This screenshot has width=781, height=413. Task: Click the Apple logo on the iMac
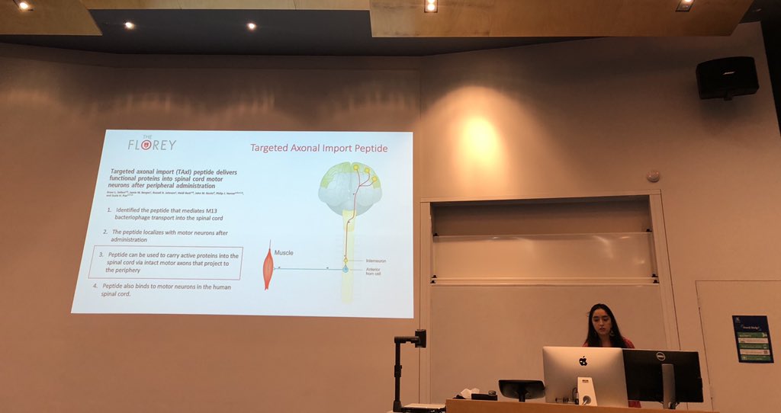click(583, 361)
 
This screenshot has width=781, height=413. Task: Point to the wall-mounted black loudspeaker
click(727, 77)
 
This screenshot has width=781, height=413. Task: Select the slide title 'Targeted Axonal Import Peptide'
click(319, 148)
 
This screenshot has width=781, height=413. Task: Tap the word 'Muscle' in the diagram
click(285, 252)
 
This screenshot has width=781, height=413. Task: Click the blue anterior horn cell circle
click(345, 269)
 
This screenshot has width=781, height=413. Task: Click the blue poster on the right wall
click(752, 338)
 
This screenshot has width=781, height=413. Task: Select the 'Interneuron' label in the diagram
click(375, 261)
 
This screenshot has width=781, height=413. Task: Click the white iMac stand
click(586, 392)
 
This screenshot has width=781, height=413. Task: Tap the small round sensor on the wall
click(653, 175)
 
